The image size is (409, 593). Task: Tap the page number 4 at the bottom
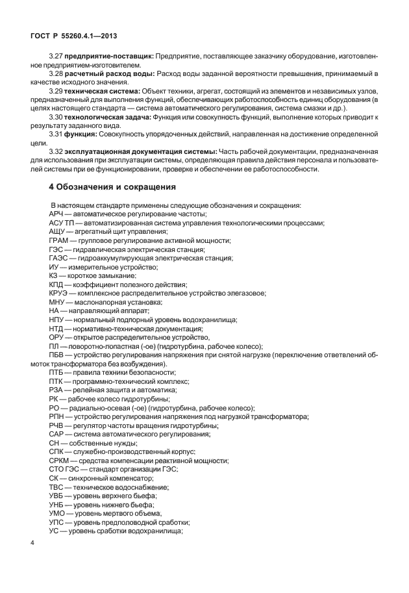(32, 543)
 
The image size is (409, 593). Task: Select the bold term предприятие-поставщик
(109, 57)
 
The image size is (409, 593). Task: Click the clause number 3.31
(56, 133)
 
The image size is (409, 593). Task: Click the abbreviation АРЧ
(57, 214)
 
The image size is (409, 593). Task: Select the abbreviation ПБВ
(57, 355)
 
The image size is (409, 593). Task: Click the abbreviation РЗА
(56, 390)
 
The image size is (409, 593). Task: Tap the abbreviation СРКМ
(60, 461)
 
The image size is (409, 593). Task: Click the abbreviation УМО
(58, 513)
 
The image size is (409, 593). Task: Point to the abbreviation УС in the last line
(54, 531)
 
